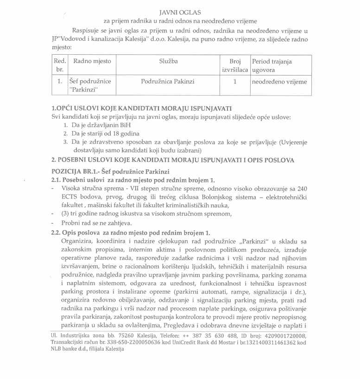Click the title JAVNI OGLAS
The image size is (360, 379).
[180, 12]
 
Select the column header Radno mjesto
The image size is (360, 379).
[92, 61]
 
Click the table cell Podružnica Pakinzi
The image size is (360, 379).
[168, 81]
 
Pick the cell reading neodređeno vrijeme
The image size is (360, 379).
[279, 82]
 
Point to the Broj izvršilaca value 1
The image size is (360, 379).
[235, 82]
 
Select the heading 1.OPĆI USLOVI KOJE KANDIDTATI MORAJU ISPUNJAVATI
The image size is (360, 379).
[141, 108]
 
